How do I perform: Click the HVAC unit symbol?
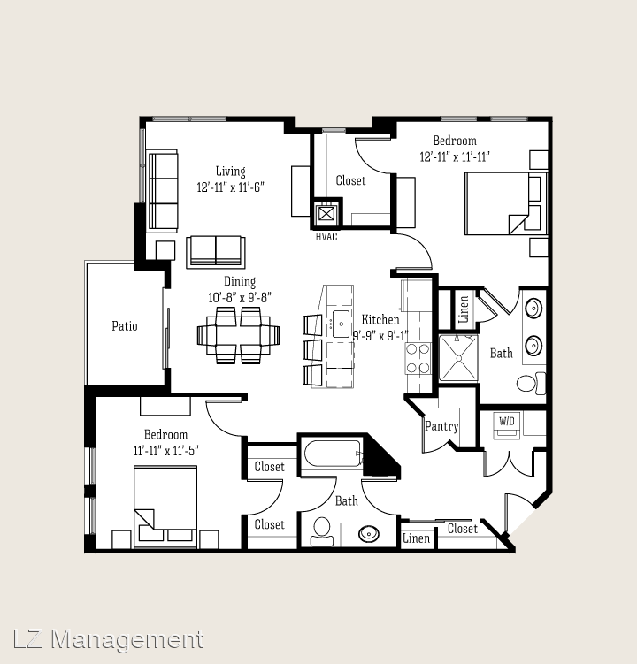(326, 213)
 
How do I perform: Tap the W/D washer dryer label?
(506, 421)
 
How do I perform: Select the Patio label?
(125, 326)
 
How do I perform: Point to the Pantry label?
(441, 426)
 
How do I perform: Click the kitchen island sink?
(341, 324)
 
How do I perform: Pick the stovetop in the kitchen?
(418, 359)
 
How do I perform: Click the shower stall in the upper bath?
(458, 358)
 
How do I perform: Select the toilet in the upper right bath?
(531, 383)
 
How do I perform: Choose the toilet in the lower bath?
(322, 531)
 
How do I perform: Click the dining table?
(238, 335)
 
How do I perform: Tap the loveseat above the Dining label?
(216, 252)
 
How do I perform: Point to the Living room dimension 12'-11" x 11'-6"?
(231, 187)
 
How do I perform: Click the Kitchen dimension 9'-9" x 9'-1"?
(380, 336)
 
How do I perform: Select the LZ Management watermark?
(108, 639)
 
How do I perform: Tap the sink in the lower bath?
(369, 533)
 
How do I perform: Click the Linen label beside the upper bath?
(464, 309)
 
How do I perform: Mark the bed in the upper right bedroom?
(506, 203)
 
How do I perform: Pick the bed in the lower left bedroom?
(165, 507)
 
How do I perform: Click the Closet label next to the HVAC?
(350, 181)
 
